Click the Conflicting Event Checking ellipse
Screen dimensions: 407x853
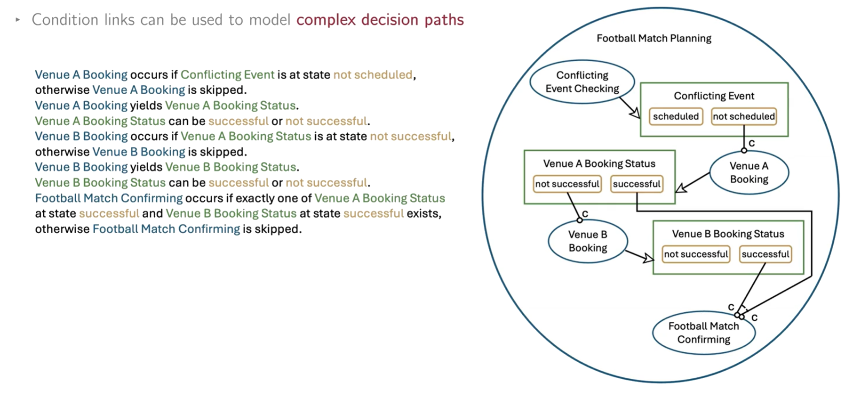coord(582,82)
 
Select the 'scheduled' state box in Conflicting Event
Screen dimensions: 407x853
coord(676,116)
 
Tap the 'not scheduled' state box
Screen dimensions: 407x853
coord(743,116)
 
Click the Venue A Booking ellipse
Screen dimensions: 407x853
coord(749,172)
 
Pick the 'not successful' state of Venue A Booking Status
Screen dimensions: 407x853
coord(567,184)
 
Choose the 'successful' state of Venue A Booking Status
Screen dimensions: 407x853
coord(636,184)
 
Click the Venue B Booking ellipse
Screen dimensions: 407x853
coord(588,241)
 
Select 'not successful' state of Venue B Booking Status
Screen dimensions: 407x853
coord(696,254)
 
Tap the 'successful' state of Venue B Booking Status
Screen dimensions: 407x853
coord(765,254)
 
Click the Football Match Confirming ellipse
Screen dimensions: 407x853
coord(703,333)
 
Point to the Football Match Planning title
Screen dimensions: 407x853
coord(654,39)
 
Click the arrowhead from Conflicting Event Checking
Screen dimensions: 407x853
coord(635,113)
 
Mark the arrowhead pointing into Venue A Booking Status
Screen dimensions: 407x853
coord(681,188)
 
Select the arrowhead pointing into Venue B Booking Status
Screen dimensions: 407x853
coord(648,258)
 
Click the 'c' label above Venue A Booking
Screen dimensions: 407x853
coord(751,143)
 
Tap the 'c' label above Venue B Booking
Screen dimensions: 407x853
coord(585,213)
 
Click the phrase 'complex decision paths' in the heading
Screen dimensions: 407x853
coord(380,20)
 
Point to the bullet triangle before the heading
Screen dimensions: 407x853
coord(18,20)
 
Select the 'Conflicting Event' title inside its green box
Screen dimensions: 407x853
coord(714,96)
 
